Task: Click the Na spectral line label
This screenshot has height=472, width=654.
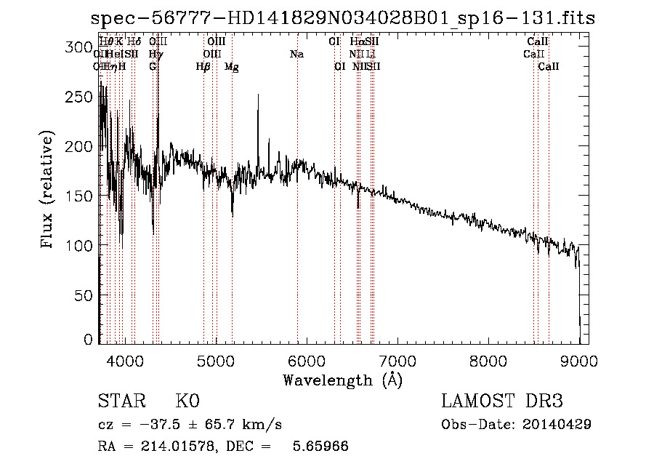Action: point(296,55)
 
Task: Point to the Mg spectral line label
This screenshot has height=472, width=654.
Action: point(232,67)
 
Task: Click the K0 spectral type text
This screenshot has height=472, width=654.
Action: point(187,401)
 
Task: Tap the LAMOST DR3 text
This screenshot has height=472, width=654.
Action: point(502,401)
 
